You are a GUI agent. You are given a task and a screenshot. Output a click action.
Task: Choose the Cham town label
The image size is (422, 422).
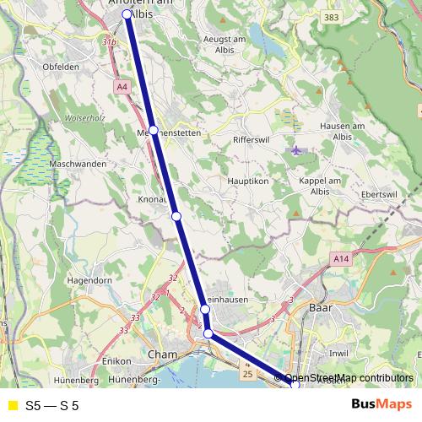pos(160,354)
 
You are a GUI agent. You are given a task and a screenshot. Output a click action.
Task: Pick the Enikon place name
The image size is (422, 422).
pos(113,361)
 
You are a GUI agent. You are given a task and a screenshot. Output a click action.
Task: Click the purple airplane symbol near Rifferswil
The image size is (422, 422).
pos(295,150)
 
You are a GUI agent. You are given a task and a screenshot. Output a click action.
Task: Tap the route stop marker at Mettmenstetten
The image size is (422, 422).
pos(154,130)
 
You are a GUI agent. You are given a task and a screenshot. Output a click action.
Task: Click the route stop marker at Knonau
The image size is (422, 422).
pos(176,216)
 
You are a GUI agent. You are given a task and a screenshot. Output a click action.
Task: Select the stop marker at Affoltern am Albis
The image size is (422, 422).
pos(127,14)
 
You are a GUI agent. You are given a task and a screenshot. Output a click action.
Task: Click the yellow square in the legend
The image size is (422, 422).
pos(12,406)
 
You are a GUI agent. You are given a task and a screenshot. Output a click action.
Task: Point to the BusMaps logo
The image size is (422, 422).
pos(381,405)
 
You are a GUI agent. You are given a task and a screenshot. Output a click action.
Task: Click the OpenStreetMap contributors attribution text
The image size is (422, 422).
pos(349,378)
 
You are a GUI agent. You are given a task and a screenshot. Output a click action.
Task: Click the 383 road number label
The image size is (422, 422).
pos(331,17)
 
